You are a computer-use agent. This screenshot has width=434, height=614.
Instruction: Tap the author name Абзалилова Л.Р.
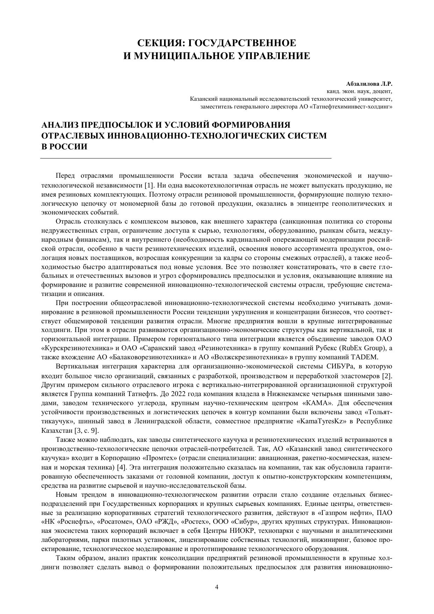(369, 84)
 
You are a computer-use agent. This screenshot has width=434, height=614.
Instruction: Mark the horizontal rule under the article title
(186, 158)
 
